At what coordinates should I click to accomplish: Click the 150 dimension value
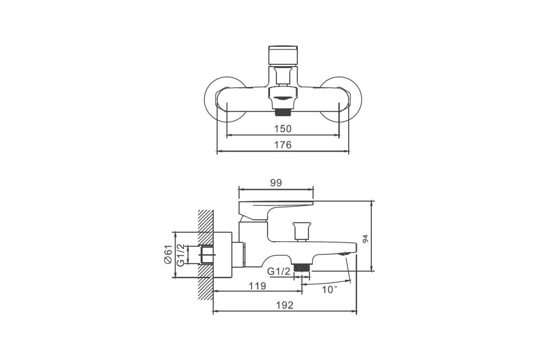coord(283,129)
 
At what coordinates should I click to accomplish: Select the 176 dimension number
coord(283,145)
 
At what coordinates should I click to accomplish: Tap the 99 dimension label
coord(276,183)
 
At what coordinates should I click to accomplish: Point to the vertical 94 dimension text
coord(366,238)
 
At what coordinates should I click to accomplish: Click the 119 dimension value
coord(257,286)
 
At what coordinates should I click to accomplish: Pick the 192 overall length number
coord(284,305)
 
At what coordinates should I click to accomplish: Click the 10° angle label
coord(329,290)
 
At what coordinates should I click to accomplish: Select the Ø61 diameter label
coord(168,254)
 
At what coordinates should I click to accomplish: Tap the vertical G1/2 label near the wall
coord(180,255)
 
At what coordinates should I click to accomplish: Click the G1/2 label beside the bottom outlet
coord(279,271)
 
